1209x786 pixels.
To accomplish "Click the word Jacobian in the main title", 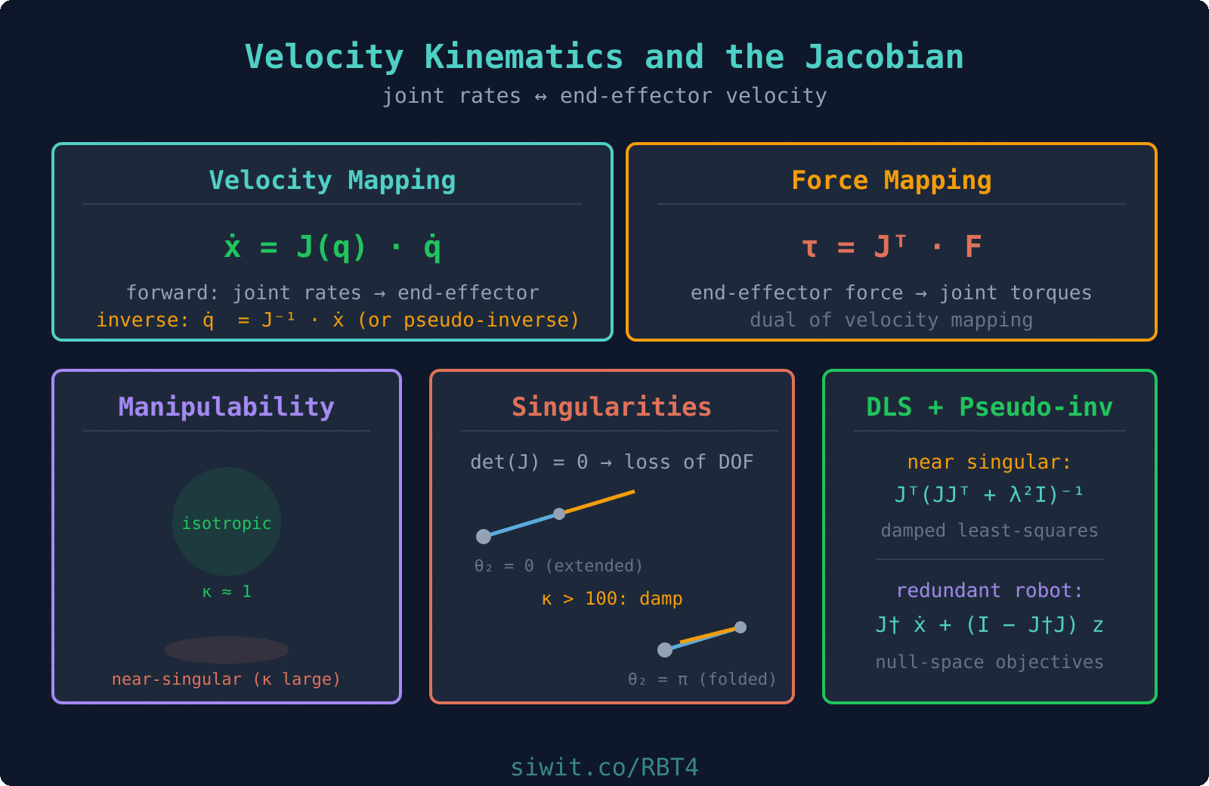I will tap(884, 57).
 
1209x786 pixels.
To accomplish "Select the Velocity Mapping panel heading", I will tap(332, 181).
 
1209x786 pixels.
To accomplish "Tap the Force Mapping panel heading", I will tap(892, 181).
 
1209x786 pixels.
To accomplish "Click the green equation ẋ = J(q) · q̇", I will tap(332, 247).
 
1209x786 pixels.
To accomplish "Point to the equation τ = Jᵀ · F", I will tap(892, 247).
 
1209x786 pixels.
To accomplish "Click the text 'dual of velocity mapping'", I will tap(892, 320).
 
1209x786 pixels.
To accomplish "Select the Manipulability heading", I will tap(227, 407).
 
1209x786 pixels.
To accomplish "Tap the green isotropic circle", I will tap(227, 499).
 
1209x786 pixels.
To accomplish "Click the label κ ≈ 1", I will tap(227, 592).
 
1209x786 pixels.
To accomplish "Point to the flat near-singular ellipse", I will tap(227, 650).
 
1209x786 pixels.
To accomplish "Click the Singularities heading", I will tap(612, 407).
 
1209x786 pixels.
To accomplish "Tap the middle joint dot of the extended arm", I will tap(559, 514).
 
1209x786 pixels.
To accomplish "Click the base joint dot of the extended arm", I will tap(484, 537).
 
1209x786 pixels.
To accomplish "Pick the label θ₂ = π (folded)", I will tap(702, 679).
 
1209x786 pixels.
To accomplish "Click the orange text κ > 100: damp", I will tap(612, 599).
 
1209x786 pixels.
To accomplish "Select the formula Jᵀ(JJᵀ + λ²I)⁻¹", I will tap(990, 495).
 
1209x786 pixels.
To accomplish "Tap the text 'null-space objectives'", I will tap(990, 663).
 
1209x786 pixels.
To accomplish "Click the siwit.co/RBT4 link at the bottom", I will tap(604, 768).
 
